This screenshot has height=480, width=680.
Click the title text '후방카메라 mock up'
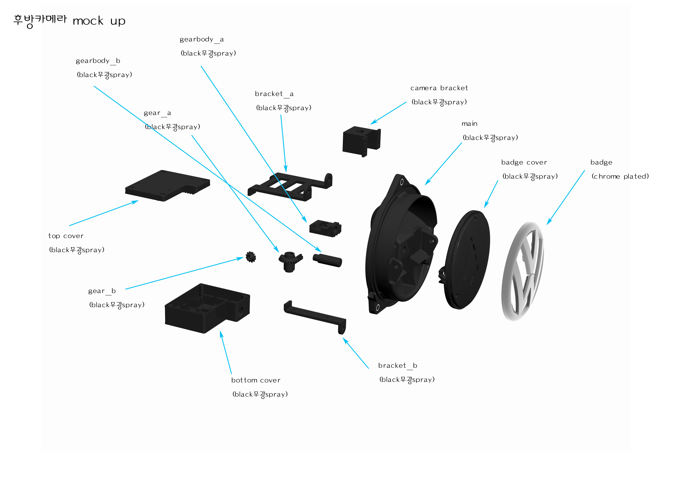pyautogui.click(x=69, y=21)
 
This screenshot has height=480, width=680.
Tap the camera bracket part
pyautogui.click(x=360, y=141)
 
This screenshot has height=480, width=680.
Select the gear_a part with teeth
pyautogui.click(x=290, y=261)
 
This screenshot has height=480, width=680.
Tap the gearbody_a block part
pyautogui.click(x=325, y=228)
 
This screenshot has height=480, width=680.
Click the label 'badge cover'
pyautogui.click(x=524, y=162)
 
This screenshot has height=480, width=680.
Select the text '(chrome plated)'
pyautogui.click(x=620, y=177)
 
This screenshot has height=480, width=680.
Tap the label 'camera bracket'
pyautogui.click(x=439, y=88)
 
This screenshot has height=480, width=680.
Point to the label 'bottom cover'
pyautogui.click(x=256, y=380)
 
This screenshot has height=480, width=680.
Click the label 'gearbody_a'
pyautogui.click(x=202, y=39)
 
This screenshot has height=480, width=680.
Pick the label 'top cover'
pyautogui.click(x=66, y=236)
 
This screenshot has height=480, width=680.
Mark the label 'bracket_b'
pyautogui.click(x=397, y=366)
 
